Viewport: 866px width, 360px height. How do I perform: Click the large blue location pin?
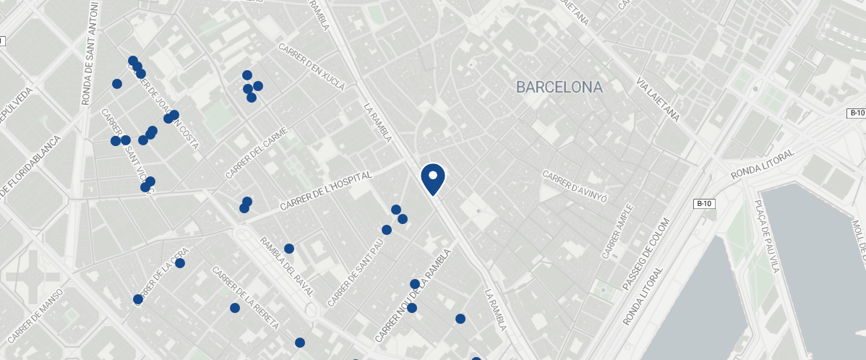point(432,178)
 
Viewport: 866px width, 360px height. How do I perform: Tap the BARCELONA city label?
point(559,87)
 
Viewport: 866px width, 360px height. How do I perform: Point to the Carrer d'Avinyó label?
point(575,186)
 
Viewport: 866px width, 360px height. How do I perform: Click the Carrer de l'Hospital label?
point(328,192)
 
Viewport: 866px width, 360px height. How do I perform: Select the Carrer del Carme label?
point(257,153)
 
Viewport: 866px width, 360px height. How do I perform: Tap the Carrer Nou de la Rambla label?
point(413,296)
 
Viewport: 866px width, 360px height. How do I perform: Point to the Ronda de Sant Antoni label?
point(90,53)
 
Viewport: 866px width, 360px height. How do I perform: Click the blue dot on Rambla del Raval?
point(289,249)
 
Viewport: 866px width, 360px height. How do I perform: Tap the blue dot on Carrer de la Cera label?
point(180,263)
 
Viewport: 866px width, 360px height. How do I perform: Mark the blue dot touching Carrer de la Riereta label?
point(235,308)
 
